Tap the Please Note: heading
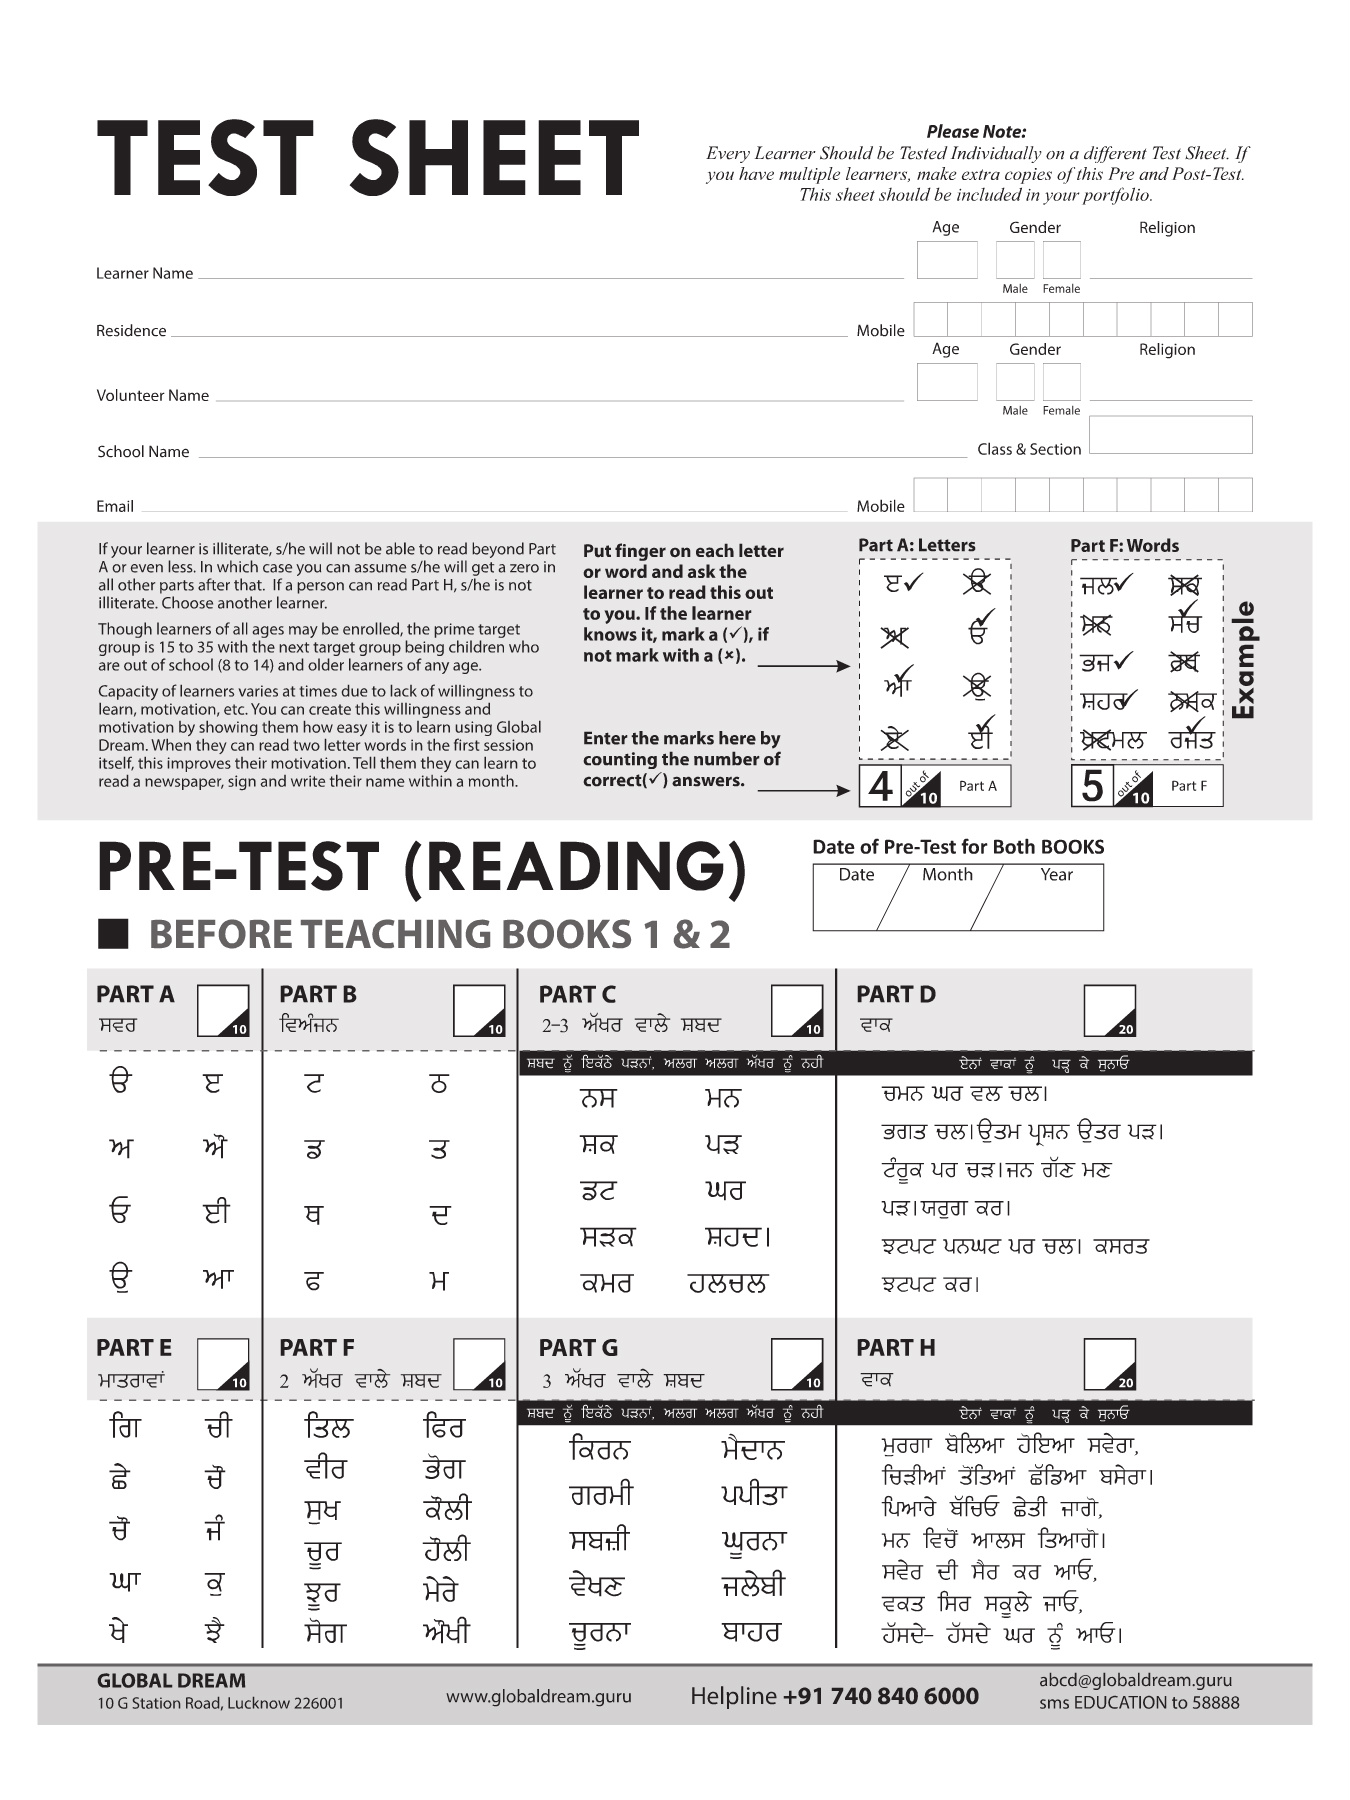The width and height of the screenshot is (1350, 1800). point(976,132)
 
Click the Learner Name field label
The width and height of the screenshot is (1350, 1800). point(144,274)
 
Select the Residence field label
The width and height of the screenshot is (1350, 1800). point(131,331)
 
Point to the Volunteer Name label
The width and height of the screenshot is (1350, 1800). point(152,396)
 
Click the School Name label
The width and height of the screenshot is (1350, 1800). point(143,452)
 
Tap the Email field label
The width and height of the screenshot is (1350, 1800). point(115,507)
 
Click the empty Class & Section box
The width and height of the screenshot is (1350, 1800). point(1170,436)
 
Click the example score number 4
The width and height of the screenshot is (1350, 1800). point(880,787)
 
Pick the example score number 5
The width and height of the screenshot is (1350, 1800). point(1092,787)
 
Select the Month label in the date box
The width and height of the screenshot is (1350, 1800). point(947,875)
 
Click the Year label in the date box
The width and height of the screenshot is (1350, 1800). point(1056,875)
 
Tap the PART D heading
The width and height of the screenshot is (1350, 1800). point(896,995)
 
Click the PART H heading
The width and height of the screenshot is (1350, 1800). point(896,1348)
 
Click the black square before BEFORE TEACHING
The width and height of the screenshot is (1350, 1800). point(113,934)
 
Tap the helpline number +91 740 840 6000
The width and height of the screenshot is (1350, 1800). point(880,1696)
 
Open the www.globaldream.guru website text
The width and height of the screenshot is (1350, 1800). point(538,1696)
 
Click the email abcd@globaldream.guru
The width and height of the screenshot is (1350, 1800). point(1135,1681)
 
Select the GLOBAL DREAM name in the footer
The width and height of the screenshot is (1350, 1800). point(171,1681)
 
